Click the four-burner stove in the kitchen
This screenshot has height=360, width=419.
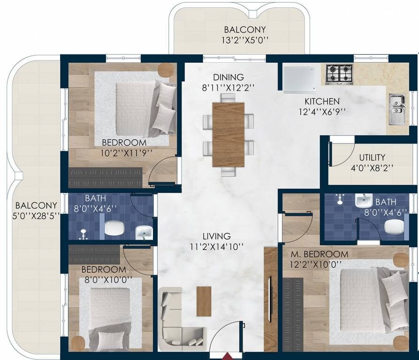339,74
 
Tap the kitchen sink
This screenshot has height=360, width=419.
397,109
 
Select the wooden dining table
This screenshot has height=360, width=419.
228,135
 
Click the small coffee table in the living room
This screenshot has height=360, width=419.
204,300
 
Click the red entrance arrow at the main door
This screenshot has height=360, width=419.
227,356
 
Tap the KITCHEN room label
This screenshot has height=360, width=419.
322,101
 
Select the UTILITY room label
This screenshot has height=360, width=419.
372,157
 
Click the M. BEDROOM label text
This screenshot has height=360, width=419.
319,254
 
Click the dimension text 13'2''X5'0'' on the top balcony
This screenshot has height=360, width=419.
245,40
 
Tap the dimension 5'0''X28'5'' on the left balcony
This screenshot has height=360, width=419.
36,217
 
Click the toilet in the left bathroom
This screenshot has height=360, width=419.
114,228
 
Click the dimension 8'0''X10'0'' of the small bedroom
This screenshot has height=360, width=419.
104,280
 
